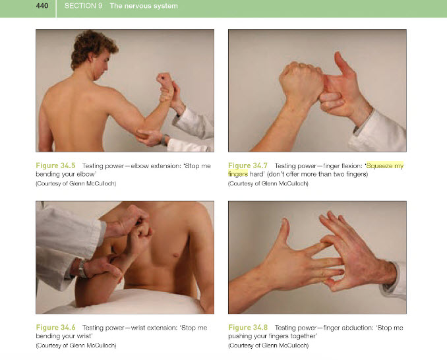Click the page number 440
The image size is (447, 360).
pos(42,6)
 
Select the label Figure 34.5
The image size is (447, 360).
pos(55,165)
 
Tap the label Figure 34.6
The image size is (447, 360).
pos(55,328)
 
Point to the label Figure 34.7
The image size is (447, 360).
pos(248,165)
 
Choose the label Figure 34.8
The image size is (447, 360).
pos(248,328)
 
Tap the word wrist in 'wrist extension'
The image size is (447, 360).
pos(138,328)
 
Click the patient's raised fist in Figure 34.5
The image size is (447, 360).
pos(165,80)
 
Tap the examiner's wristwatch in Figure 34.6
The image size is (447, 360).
pos(82,268)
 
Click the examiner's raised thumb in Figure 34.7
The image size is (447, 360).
pos(343,64)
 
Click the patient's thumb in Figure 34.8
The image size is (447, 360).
pos(285,232)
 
